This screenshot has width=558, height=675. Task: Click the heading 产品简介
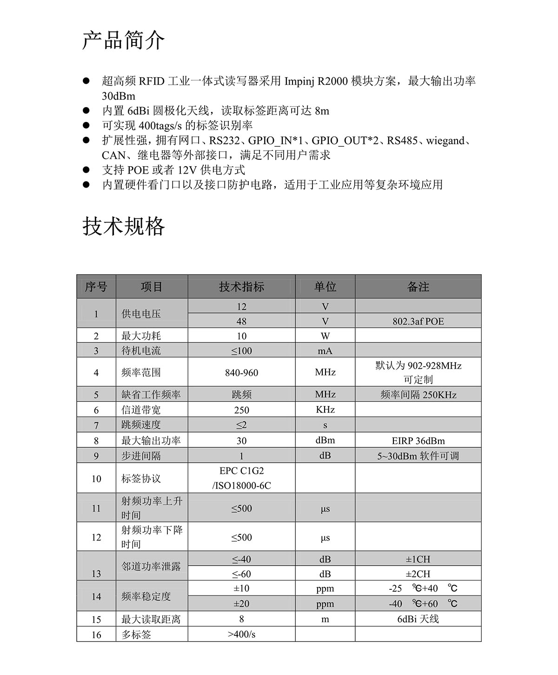[x=123, y=40]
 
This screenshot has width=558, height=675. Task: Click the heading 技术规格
[x=123, y=227]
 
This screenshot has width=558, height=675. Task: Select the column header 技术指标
[x=241, y=287]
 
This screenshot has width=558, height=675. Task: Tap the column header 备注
[x=418, y=287]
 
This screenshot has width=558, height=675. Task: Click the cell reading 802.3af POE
[x=418, y=321]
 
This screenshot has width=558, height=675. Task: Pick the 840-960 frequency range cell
[x=241, y=372]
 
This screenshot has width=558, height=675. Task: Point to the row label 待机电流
[x=141, y=351]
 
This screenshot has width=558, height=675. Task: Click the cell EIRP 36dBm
[x=418, y=441]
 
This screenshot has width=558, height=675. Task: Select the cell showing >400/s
[x=241, y=634]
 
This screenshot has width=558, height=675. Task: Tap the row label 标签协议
[x=141, y=479]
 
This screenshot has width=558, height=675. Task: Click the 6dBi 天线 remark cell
[x=418, y=619]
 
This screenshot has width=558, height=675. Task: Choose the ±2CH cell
[x=418, y=574]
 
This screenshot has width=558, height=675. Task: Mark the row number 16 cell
[x=96, y=634]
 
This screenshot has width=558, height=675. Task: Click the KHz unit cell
[x=325, y=410]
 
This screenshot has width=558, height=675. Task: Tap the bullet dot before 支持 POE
[x=86, y=170]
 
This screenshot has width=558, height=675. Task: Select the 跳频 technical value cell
[x=241, y=395]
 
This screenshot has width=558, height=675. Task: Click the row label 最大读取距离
[x=151, y=619]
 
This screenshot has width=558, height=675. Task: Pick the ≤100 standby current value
[x=241, y=351]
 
